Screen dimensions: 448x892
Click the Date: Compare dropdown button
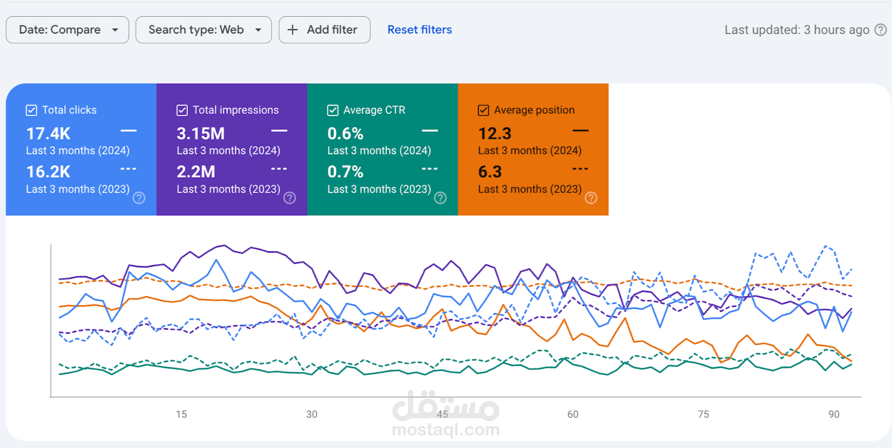tap(67, 30)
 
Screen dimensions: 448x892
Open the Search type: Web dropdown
tap(203, 30)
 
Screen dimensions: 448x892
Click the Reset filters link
tap(419, 30)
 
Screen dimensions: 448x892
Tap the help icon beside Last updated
tap(880, 30)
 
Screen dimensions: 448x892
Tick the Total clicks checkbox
tap(32, 110)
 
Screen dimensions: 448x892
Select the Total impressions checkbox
tap(182, 110)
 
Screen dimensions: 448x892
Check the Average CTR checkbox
tap(333, 110)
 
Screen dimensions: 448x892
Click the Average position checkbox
tap(483, 110)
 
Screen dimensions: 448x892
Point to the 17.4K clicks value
tap(49, 134)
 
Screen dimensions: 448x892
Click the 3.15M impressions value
tap(201, 134)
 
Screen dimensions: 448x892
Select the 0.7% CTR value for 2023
tap(345, 172)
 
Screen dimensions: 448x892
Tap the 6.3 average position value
tap(490, 172)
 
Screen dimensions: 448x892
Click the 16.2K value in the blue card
tap(49, 172)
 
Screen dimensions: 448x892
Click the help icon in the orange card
tap(591, 198)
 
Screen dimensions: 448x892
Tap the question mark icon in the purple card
tap(290, 198)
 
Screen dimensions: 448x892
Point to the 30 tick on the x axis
tap(312, 415)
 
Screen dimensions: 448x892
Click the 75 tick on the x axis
tap(704, 415)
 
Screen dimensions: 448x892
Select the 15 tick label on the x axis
tap(181, 415)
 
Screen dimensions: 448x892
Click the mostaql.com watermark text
tap(445, 430)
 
